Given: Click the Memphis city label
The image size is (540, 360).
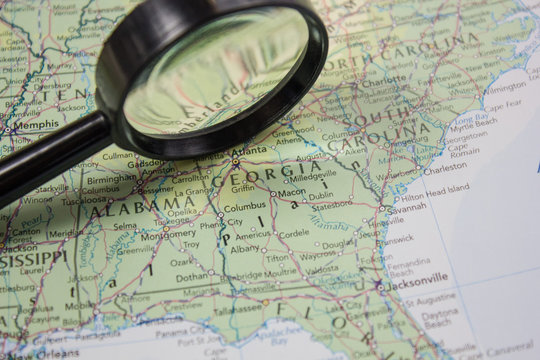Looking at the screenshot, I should click(x=35, y=125).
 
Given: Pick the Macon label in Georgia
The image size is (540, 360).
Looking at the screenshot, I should click(x=292, y=192).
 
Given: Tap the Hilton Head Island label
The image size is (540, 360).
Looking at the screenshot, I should click(x=433, y=187).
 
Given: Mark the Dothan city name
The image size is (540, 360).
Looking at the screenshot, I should click(x=193, y=277).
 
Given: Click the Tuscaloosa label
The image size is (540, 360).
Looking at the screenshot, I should click(x=84, y=200).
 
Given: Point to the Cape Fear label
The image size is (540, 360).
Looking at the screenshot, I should click(x=502, y=103).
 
